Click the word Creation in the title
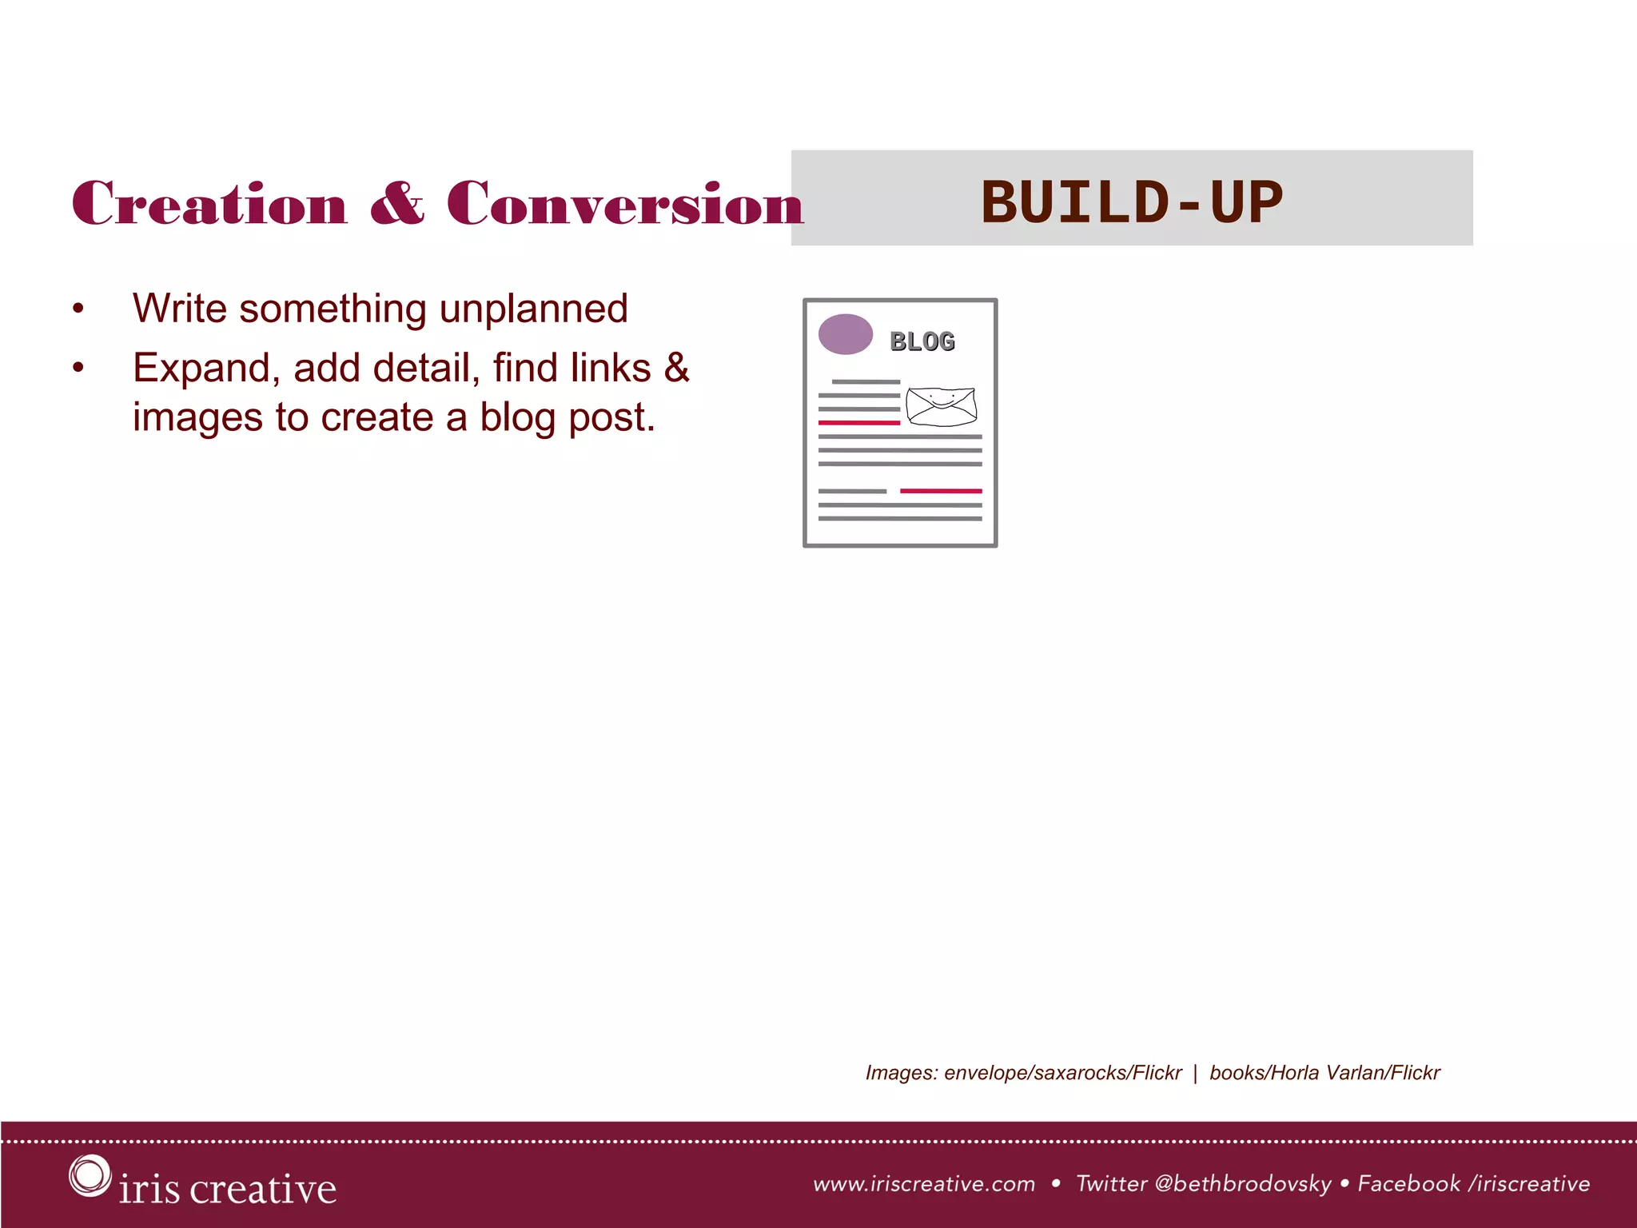[x=209, y=203]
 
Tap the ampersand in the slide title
[x=397, y=203]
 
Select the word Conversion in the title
[x=624, y=203]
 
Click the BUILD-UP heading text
[x=1131, y=201]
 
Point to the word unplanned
[x=533, y=309]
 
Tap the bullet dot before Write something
[x=78, y=309]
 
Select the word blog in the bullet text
[x=518, y=417]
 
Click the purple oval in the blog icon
[x=845, y=334]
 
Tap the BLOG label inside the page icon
[x=922, y=341]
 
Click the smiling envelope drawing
[x=942, y=406]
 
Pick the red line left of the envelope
[x=859, y=422]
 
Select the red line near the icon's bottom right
[x=941, y=491]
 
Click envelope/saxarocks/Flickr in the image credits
[x=1062, y=1073]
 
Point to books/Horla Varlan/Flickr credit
[x=1324, y=1073]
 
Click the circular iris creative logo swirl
[x=89, y=1176]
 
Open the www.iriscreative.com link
[x=924, y=1184]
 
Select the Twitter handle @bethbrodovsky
[x=1243, y=1184]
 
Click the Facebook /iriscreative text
[x=1473, y=1184]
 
